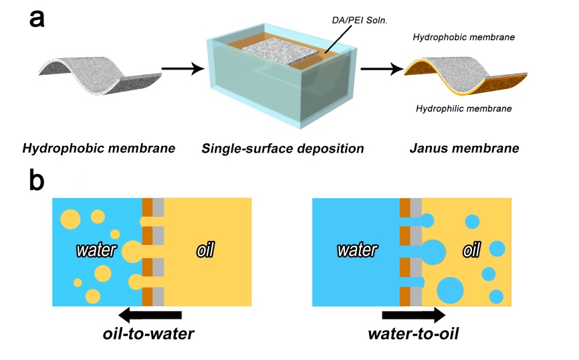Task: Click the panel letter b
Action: point(38,181)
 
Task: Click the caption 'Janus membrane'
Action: point(457,147)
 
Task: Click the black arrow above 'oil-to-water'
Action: point(150,314)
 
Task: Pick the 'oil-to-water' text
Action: point(150,333)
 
